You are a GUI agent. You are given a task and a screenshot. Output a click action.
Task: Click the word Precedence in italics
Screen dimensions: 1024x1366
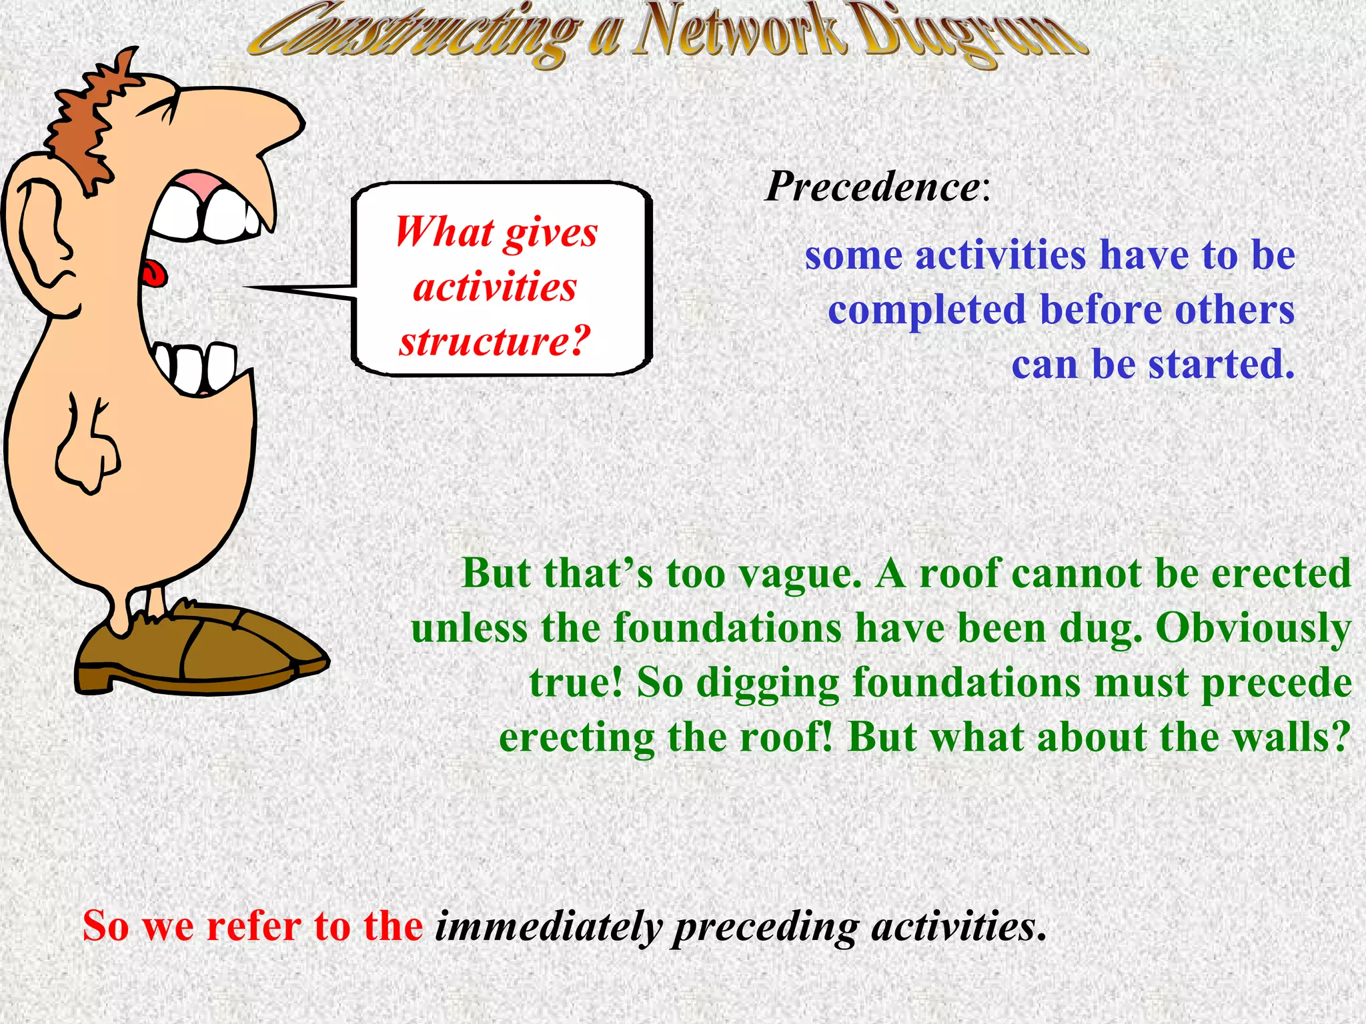[x=872, y=187]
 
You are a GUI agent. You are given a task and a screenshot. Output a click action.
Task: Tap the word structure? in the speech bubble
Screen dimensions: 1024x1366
[x=494, y=342]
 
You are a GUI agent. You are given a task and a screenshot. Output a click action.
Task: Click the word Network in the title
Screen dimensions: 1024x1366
[x=739, y=33]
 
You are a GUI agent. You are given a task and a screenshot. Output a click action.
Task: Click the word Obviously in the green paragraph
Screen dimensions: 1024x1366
[x=1253, y=629]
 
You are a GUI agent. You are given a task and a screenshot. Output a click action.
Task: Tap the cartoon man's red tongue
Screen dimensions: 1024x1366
[x=154, y=273]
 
